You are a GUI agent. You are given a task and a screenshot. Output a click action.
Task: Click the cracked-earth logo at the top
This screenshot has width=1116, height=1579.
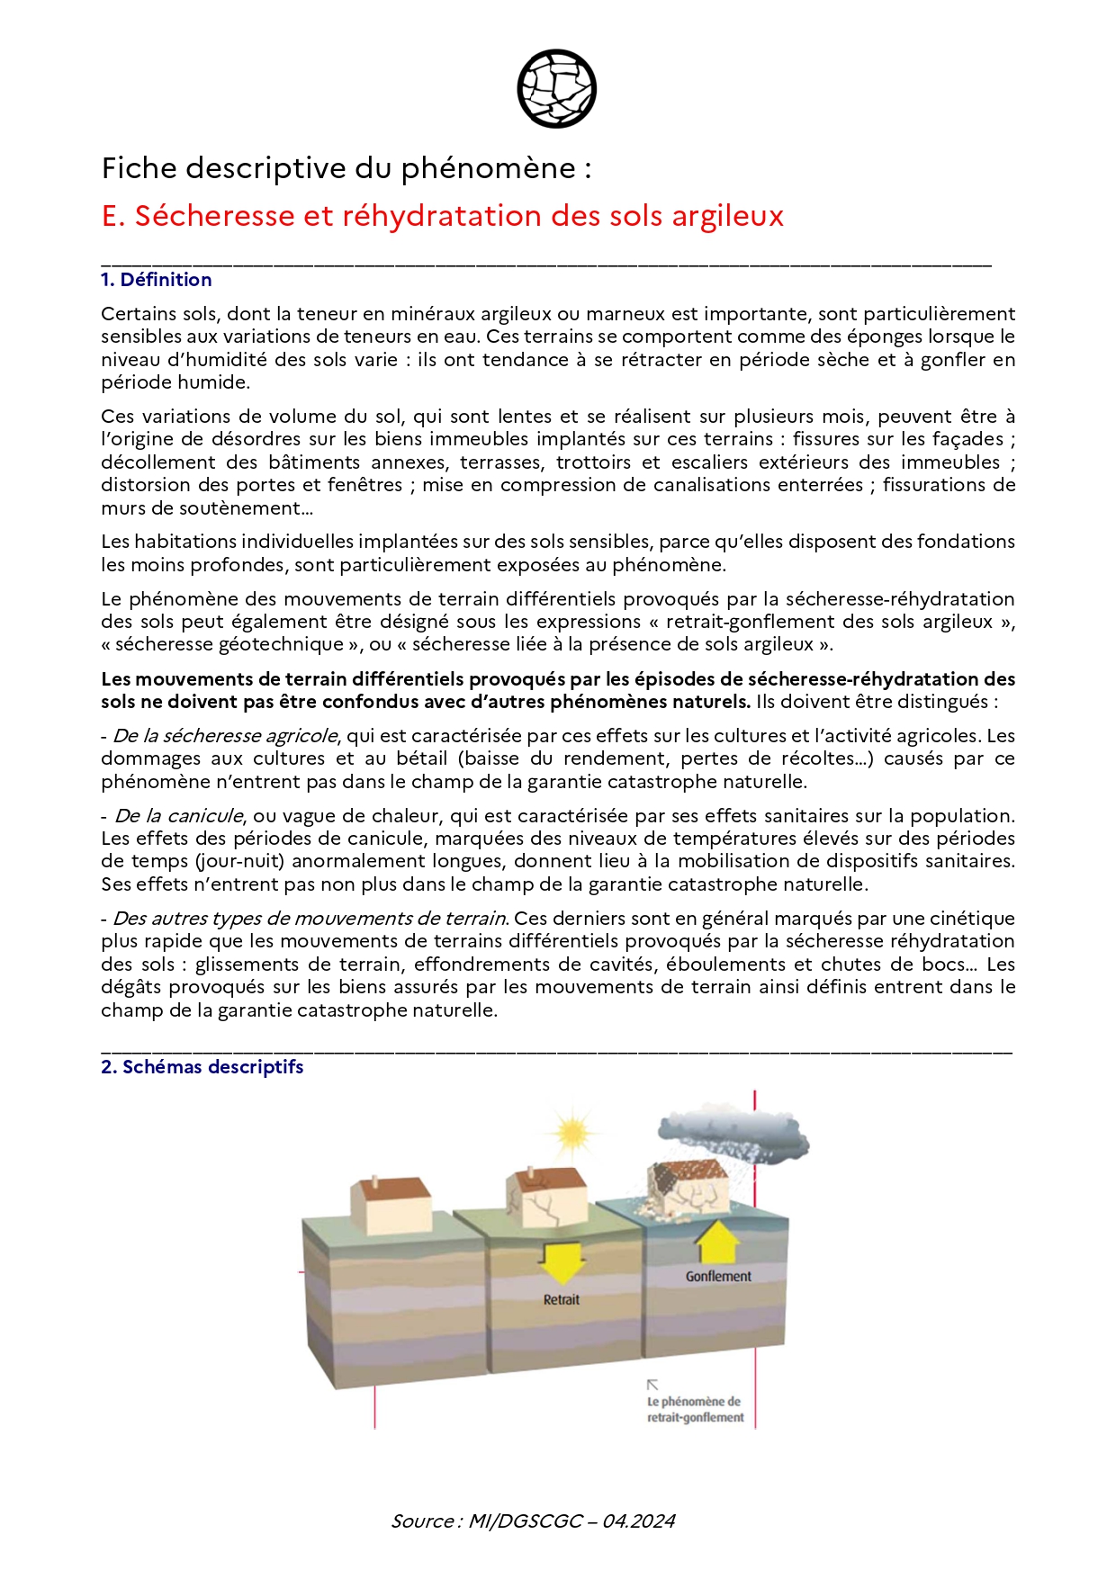557,88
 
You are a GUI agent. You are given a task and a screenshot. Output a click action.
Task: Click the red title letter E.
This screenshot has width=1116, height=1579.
111,216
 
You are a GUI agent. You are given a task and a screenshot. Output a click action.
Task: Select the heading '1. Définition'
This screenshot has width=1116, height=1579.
156,280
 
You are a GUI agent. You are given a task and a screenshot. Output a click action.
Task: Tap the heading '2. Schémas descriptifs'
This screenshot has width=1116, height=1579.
202,1067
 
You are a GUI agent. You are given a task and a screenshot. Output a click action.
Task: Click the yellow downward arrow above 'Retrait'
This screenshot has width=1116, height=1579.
561,1261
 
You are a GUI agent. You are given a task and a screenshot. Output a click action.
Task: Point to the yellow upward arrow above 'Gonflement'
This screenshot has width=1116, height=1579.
717,1241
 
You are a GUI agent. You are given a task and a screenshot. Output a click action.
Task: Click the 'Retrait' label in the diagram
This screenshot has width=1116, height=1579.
561,1300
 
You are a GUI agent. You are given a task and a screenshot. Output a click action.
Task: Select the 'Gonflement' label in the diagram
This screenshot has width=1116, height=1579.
717,1277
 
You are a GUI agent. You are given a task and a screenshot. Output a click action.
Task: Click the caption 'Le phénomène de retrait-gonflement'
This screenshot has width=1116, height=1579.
695,1410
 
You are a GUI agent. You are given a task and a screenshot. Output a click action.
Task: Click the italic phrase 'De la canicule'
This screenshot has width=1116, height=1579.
178,816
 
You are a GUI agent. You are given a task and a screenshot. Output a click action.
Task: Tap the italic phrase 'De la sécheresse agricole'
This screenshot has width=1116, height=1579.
225,736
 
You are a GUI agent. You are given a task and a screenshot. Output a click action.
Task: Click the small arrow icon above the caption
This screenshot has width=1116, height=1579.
652,1385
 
